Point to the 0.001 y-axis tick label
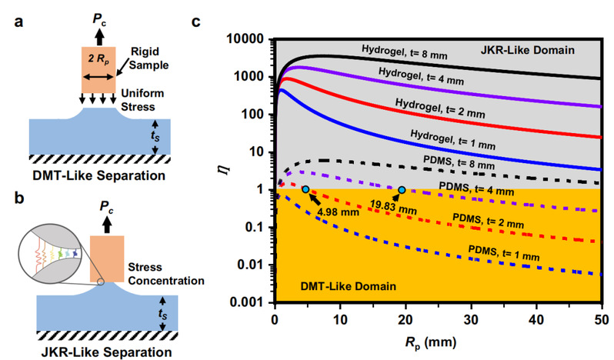coord(250,302)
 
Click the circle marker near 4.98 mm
coord(306,189)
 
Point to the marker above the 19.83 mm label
coord(402,189)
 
